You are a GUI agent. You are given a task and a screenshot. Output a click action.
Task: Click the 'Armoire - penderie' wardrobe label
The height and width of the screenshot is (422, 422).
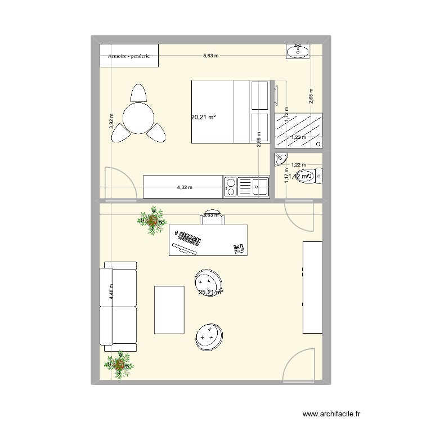pos(129,56)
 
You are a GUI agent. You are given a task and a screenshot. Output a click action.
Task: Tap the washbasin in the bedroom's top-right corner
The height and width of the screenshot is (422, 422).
pos(297,52)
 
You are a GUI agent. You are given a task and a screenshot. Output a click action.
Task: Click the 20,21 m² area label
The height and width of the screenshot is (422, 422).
pos(204,118)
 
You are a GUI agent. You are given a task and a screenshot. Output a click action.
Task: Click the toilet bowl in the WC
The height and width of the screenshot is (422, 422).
pos(308,176)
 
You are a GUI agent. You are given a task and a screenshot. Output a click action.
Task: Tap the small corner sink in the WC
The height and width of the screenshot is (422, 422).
pos(281,159)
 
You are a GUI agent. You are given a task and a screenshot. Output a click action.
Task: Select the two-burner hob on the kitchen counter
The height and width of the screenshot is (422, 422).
pos(230,187)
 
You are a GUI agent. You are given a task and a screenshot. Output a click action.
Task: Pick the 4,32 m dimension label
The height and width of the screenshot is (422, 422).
pos(185,188)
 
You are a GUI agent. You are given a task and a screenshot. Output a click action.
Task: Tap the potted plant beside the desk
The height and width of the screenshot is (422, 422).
pos(152,220)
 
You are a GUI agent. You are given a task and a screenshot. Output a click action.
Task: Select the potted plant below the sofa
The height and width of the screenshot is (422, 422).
pos(119,365)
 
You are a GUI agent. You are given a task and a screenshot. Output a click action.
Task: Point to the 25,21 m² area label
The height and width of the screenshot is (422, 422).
pos(210,292)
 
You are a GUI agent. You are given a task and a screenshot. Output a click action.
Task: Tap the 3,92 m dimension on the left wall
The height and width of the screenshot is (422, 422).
pos(111,120)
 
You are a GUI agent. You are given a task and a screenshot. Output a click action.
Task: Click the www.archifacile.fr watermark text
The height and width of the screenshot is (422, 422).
pos(331,412)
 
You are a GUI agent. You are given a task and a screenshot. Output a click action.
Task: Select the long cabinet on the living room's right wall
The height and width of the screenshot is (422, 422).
pos(313,287)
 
